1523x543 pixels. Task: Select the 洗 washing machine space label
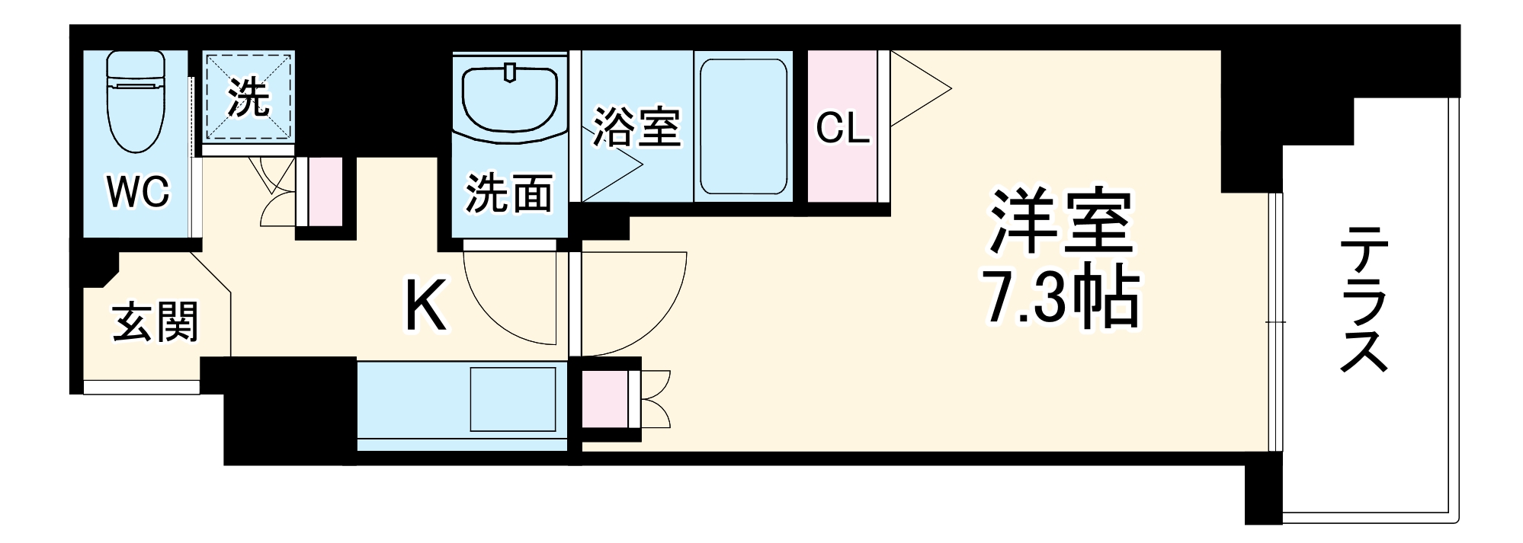point(248,97)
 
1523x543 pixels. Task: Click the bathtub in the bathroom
point(743,126)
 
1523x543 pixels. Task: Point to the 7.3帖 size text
point(1060,298)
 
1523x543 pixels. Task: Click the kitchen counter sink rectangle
point(513,401)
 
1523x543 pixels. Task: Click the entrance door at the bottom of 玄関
point(142,387)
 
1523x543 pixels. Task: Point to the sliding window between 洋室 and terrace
point(1275,322)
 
